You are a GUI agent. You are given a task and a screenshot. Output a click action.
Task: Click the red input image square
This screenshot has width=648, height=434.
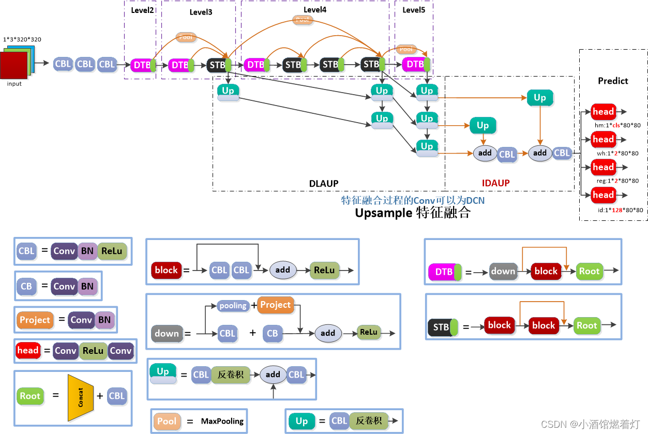pyautogui.click(x=13, y=66)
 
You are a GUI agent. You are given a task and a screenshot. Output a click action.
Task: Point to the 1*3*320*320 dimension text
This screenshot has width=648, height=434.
pyautogui.click(x=22, y=39)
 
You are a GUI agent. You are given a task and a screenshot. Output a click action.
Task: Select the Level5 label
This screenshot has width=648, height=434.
pyautogui.click(x=414, y=10)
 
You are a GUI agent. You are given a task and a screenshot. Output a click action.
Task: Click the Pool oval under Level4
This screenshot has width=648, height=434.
pyautogui.click(x=303, y=20)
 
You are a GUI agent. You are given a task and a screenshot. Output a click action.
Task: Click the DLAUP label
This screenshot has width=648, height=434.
pyautogui.click(x=324, y=183)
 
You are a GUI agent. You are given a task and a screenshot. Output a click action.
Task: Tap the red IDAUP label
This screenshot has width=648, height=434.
pyautogui.click(x=495, y=183)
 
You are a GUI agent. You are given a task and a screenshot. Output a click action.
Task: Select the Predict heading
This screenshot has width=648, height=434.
pyautogui.click(x=613, y=81)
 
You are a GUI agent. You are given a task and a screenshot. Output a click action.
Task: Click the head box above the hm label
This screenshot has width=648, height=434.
pyautogui.click(x=603, y=112)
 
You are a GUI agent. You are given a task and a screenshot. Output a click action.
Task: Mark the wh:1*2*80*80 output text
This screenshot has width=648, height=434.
pyautogui.click(x=617, y=153)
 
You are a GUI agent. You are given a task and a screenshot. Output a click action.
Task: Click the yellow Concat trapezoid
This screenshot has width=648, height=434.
pyautogui.click(x=80, y=397)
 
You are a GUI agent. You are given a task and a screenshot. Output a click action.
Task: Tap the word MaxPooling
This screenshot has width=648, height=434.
pyautogui.click(x=222, y=421)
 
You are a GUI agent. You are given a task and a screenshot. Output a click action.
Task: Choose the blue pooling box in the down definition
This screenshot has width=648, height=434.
pyautogui.click(x=233, y=306)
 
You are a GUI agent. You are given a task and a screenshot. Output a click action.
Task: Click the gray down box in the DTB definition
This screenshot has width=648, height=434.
pyautogui.click(x=503, y=271)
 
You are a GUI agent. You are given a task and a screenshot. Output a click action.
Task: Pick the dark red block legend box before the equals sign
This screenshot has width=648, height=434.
pyautogui.click(x=166, y=270)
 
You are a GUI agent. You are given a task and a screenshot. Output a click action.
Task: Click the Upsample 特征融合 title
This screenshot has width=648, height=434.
pyautogui.click(x=412, y=213)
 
